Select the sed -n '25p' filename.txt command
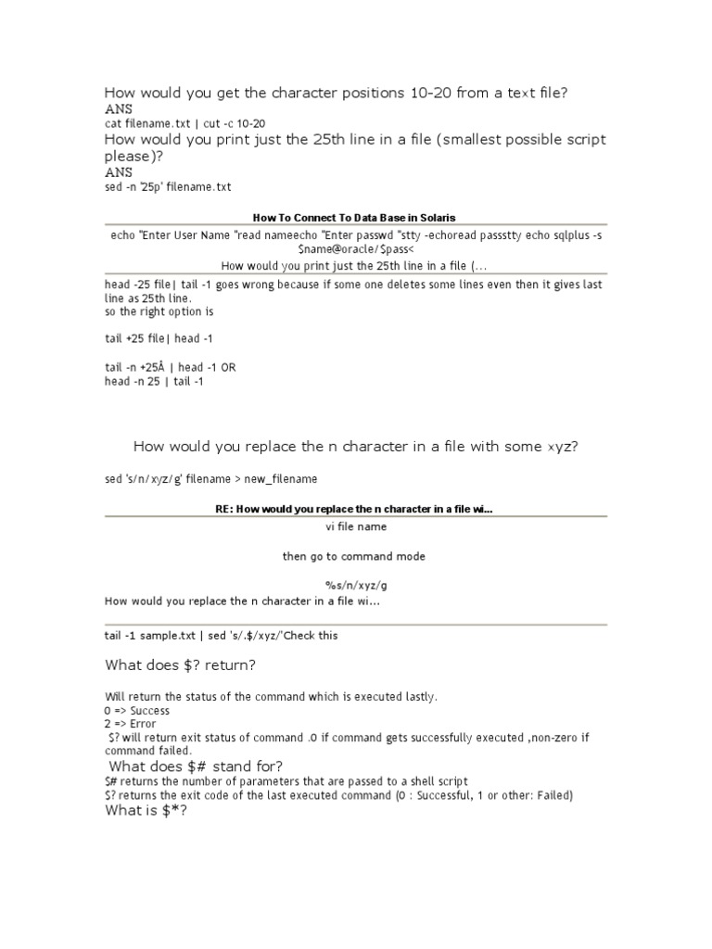click(x=168, y=187)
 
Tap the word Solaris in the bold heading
click(x=433, y=218)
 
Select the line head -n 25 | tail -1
click(x=154, y=381)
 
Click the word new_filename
click(x=281, y=479)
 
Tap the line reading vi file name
click(x=356, y=526)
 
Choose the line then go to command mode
click(x=354, y=557)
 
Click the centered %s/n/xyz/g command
click(x=356, y=586)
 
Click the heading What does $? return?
click(x=181, y=665)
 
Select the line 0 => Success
click(x=137, y=710)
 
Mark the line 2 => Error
click(x=131, y=724)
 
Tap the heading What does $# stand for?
click(x=197, y=766)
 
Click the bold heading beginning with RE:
click(x=353, y=509)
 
